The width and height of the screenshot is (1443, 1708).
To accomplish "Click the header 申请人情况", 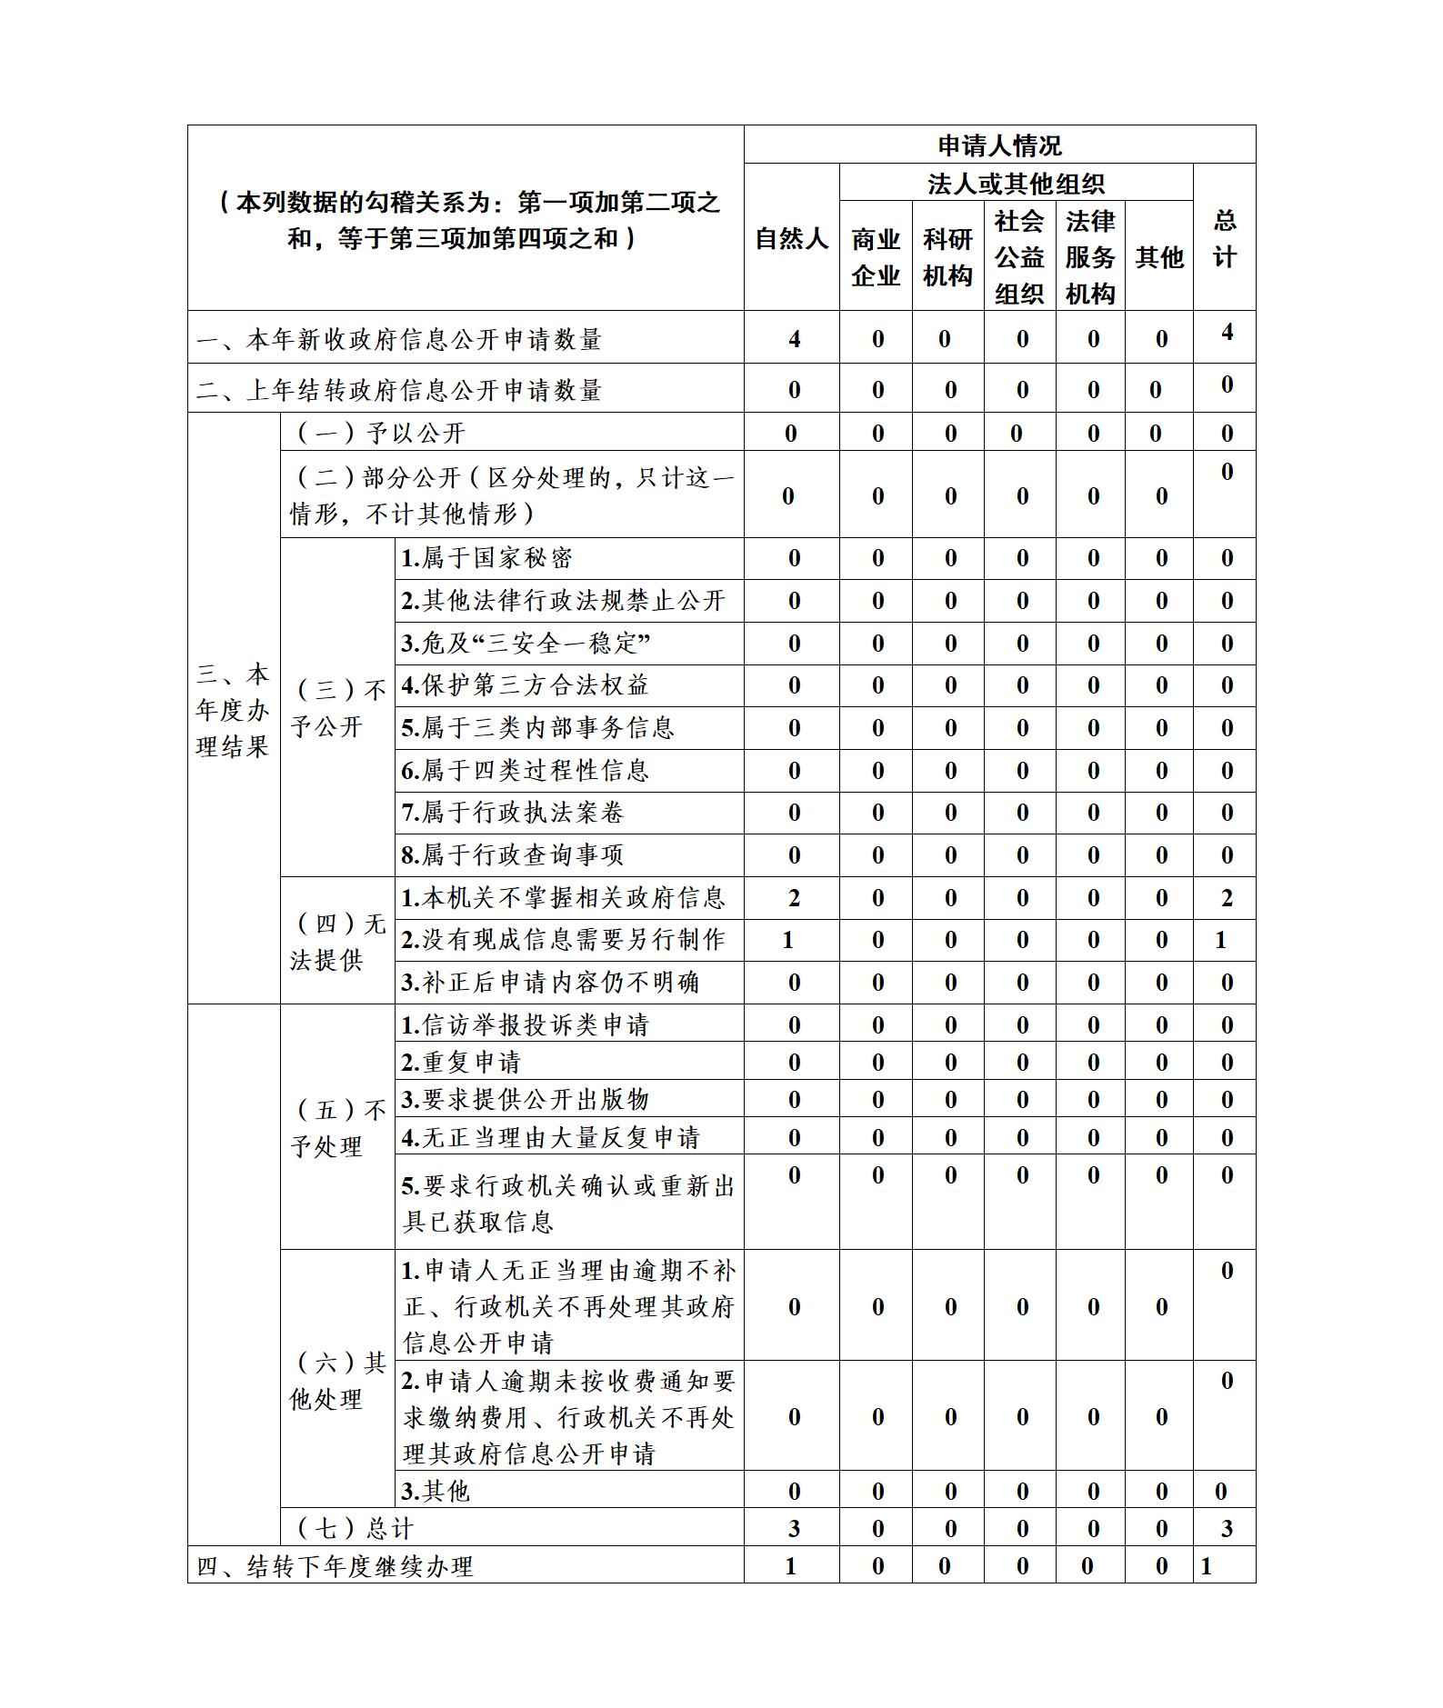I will (999, 145).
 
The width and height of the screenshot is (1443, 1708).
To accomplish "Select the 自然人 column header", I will (791, 239).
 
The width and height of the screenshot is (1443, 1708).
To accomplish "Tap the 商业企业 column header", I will (875, 257).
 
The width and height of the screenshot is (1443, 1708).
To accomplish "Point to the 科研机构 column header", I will (947, 257).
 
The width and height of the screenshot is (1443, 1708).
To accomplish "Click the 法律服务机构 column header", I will (1089, 257).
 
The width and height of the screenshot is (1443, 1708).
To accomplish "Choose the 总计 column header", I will (1224, 239).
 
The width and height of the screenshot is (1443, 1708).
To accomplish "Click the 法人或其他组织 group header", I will (1015, 184).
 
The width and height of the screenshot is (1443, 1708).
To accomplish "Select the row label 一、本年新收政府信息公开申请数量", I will (399, 340).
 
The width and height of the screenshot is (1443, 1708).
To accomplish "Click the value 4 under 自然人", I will (794, 340).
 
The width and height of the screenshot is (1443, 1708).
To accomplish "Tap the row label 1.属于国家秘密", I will (487, 558).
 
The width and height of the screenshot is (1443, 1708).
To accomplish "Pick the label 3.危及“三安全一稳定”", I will (526, 644).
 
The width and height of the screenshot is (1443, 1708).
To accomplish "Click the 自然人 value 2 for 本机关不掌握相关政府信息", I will (794, 898).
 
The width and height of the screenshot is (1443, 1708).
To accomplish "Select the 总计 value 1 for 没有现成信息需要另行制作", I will (1221, 940).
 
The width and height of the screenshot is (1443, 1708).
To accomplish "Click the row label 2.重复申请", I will (461, 1062).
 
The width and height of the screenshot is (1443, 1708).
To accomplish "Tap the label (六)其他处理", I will (337, 1380).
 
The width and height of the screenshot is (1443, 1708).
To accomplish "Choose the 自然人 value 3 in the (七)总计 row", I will (794, 1529).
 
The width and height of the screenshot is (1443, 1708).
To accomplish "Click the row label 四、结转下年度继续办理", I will (336, 1566).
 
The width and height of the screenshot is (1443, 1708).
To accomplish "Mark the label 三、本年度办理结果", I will (233, 711).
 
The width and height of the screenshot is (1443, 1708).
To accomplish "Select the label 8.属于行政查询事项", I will (513, 855).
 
